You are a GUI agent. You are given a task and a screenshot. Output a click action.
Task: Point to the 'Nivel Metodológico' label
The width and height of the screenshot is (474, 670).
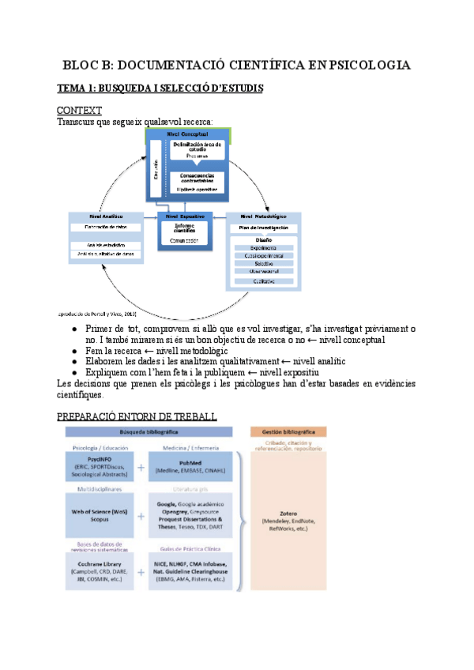coord(263,215)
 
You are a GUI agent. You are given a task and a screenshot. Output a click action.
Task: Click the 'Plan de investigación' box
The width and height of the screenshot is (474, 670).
coord(263,228)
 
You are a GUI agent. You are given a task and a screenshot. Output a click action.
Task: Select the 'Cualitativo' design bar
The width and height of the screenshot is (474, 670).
coord(263,280)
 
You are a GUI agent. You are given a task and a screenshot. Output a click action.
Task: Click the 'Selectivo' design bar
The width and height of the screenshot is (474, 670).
coord(263,263)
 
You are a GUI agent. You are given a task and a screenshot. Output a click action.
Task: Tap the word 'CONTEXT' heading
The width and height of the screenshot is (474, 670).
coord(79,111)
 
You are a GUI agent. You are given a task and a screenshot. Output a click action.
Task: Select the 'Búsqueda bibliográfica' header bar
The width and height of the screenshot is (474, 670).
coord(149,432)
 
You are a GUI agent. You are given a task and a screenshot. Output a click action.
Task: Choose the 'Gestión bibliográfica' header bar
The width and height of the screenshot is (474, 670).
coord(288,432)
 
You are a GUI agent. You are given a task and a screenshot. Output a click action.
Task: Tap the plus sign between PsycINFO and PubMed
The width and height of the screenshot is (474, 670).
coord(141,467)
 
